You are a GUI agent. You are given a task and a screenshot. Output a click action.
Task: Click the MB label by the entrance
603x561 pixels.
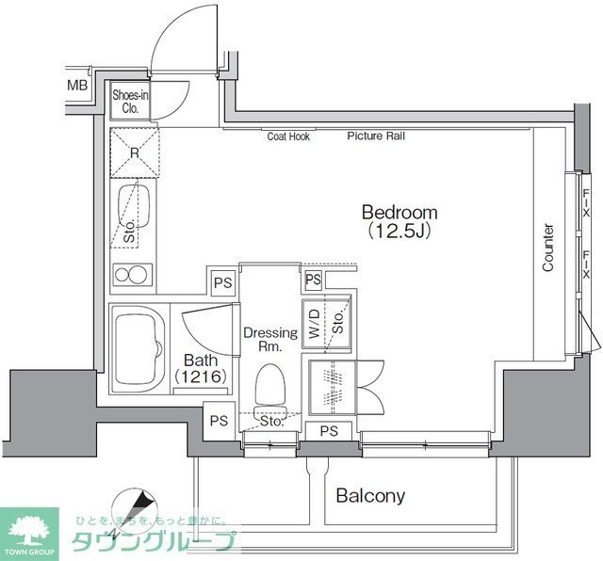[x=76, y=87]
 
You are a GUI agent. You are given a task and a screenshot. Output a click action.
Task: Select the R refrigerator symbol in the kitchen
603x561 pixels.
[x=135, y=152]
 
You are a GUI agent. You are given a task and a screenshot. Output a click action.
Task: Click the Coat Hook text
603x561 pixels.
[x=288, y=136]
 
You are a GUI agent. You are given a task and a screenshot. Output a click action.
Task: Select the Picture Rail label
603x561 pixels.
[x=376, y=136]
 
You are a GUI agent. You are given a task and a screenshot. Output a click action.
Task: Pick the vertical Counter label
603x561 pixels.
[x=547, y=248]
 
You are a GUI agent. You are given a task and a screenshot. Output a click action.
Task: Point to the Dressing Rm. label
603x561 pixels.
[x=270, y=339]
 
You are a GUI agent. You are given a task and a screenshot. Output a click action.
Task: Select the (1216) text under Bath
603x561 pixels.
[x=201, y=377]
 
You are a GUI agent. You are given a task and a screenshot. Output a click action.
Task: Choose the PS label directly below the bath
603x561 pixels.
[x=218, y=421]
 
